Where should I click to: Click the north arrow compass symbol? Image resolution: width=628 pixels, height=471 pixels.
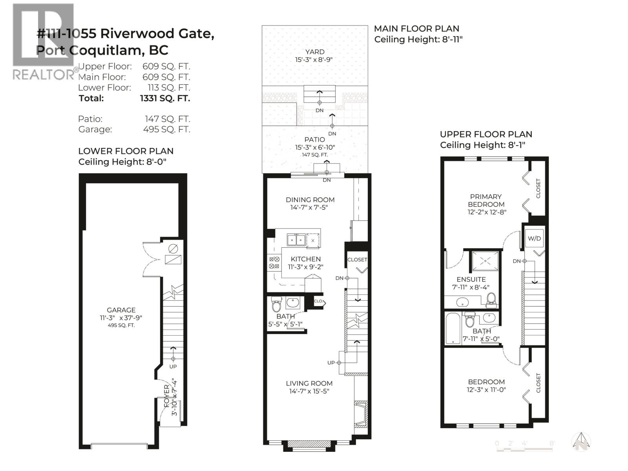point(581,442)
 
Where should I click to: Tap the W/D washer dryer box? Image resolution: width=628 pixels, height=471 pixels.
point(534,239)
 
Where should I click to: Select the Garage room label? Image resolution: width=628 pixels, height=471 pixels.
point(121,310)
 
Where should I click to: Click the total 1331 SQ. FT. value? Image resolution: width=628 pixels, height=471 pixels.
point(165,98)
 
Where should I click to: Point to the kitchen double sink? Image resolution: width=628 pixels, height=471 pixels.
point(296,240)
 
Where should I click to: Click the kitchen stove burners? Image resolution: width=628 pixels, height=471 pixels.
point(274,263)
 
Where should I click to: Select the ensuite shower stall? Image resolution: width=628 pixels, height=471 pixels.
point(486,261)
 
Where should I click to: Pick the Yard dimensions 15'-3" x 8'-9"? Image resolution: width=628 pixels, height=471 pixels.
point(315,60)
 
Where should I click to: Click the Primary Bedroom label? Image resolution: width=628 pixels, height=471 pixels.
point(486,200)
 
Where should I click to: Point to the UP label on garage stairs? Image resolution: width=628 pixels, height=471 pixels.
point(173,367)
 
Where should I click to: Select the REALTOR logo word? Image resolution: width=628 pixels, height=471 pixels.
point(42,75)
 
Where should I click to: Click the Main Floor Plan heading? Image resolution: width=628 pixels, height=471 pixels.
point(416,29)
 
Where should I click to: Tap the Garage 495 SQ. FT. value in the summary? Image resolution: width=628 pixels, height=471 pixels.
point(166,129)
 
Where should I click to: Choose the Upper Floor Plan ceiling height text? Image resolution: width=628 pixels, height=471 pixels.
point(482,145)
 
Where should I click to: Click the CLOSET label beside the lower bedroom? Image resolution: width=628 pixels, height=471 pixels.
point(538,383)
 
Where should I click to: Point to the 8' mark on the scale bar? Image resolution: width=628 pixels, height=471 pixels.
point(552,444)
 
